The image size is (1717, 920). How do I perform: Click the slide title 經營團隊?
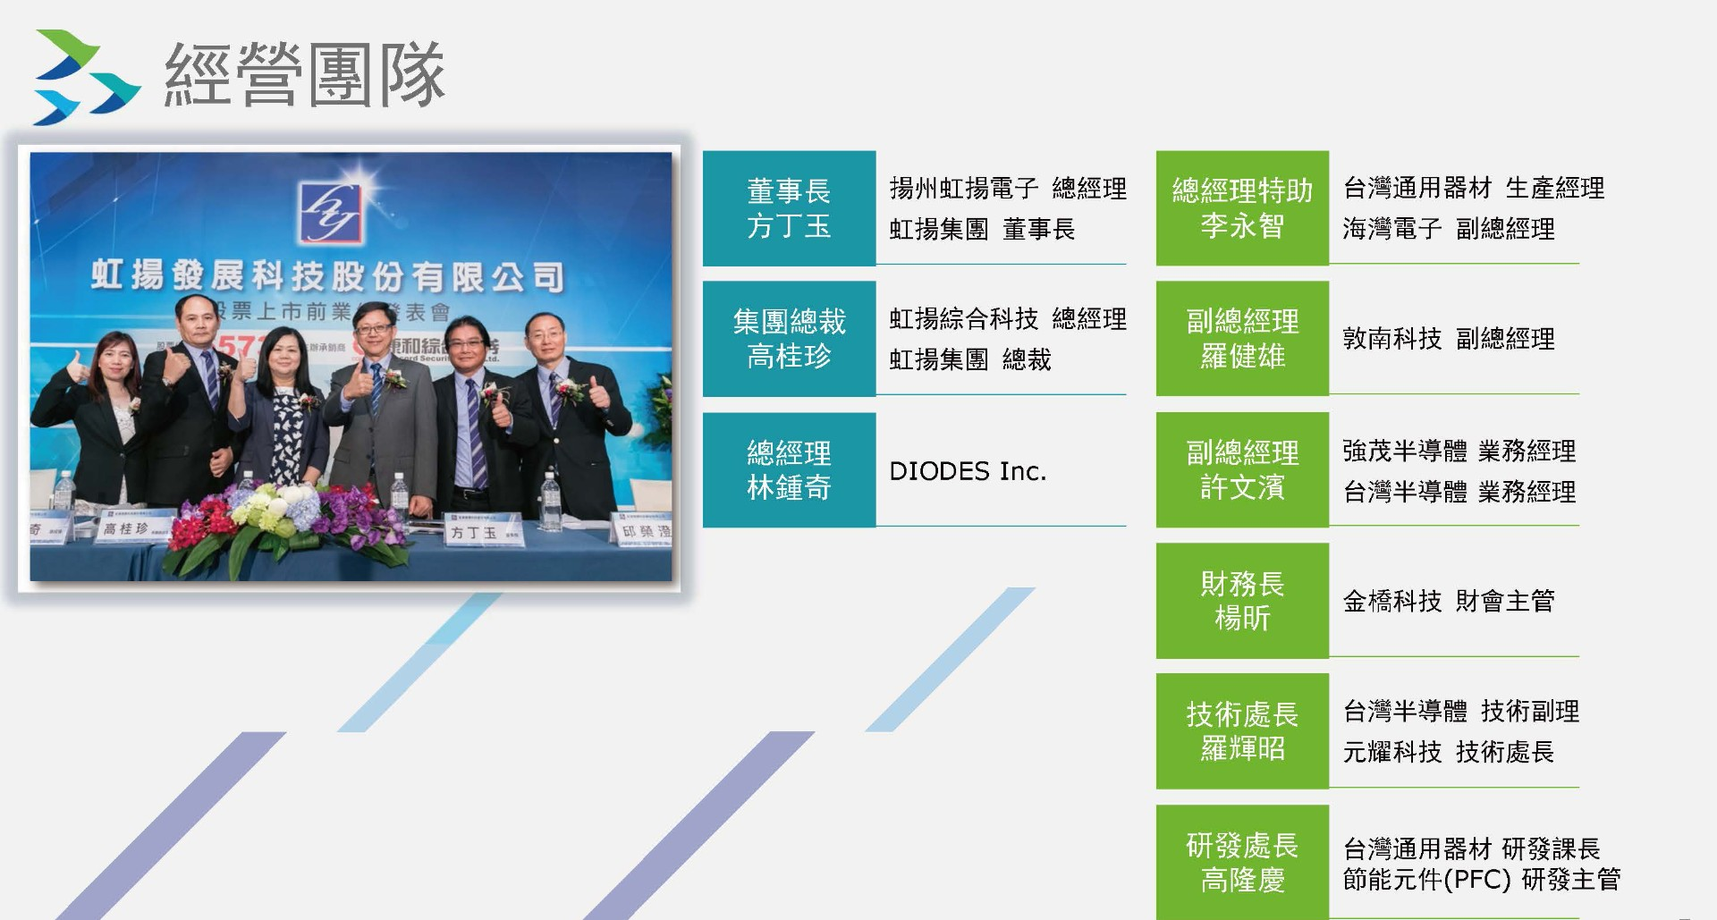(x=304, y=75)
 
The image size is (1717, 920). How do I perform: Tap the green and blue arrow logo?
(x=86, y=77)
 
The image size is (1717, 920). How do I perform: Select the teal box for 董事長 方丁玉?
(x=789, y=208)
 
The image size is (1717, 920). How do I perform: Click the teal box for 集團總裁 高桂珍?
(x=789, y=339)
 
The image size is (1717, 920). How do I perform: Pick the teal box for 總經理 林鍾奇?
(x=789, y=470)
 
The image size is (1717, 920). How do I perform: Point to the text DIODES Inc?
(x=968, y=471)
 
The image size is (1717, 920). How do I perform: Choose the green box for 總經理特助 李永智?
(x=1242, y=208)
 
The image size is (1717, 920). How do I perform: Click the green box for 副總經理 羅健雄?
(x=1242, y=339)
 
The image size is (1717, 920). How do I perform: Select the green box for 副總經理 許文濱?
(x=1242, y=470)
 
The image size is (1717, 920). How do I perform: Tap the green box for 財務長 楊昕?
(x=1242, y=601)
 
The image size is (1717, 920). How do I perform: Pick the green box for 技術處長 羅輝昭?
(x=1242, y=731)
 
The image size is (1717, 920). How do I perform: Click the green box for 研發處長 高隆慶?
(x=1242, y=862)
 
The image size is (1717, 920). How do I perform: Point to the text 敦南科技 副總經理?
(x=1449, y=339)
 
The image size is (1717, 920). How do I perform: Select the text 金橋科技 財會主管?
(x=1449, y=601)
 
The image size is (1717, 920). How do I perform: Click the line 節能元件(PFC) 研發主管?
(x=1482, y=880)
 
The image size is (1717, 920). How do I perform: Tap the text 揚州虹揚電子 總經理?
(x=1008, y=189)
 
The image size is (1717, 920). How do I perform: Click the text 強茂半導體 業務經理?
(x=1459, y=452)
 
